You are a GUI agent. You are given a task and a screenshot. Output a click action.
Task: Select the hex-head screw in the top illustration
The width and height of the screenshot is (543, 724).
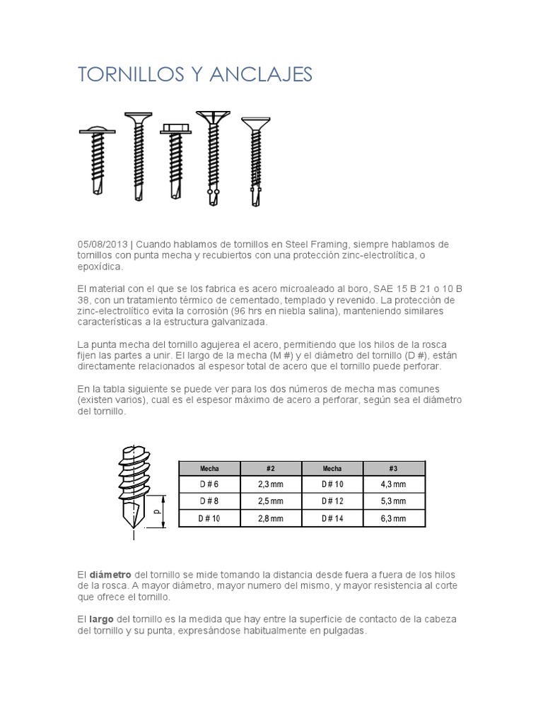pyautogui.click(x=174, y=159)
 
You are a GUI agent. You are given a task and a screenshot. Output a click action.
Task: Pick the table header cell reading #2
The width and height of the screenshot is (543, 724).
pyautogui.click(x=271, y=468)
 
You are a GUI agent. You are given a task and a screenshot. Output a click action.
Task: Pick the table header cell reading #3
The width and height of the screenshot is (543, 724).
pyautogui.click(x=394, y=468)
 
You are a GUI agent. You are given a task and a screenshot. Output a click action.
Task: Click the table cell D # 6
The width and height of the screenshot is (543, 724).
pyautogui.click(x=209, y=484)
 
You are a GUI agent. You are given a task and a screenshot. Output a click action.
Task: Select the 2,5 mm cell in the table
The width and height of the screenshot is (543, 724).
pyautogui.click(x=271, y=501)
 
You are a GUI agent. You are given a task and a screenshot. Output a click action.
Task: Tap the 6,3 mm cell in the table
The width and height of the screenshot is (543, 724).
pyautogui.click(x=394, y=518)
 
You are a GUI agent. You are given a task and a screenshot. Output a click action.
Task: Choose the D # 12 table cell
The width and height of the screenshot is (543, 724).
pyautogui.click(x=332, y=501)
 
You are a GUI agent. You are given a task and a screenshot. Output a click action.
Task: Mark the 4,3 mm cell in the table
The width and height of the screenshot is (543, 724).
pyautogui.click(x=394, y=484)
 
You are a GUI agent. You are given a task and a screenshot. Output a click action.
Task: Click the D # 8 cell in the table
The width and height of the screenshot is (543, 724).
pyautogui.click(x=209, y=501)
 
